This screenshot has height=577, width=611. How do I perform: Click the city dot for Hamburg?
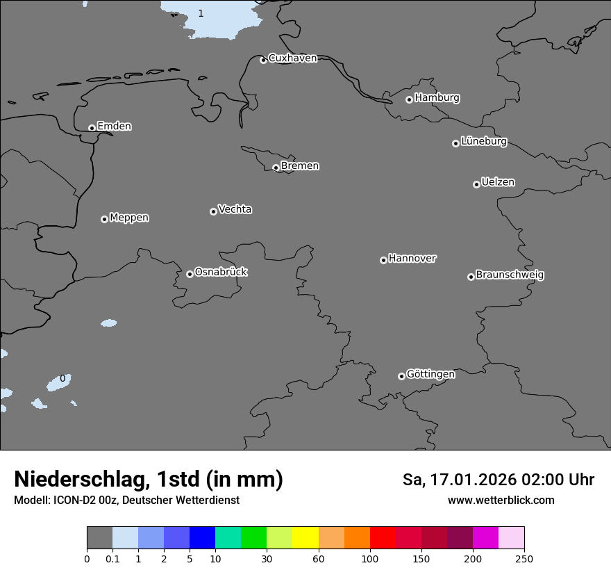[x=409, y=99]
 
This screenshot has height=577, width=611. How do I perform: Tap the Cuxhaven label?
[x=292, y=58]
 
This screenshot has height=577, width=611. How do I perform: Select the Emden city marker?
[x=92, y=128]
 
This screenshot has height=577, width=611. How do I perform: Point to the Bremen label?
[x=300, y=165]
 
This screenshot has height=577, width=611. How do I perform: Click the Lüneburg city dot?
[x=455, y=143]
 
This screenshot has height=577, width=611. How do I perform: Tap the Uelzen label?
[x=498, y=182]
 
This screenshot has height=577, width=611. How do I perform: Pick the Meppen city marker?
[x=104, y=219]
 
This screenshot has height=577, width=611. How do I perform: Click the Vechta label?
[x=235, y=209]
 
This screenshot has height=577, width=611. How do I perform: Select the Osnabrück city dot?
[x=190, y=274]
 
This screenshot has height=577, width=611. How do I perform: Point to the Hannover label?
[x=412, y=259]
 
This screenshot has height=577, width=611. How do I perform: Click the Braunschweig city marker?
[x=471, y=277]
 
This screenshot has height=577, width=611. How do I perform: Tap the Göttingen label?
[x=430, y=374]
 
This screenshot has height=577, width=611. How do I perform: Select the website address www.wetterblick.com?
[x=501, y=500]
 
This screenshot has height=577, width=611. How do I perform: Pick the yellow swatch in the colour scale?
[x=305, y=539]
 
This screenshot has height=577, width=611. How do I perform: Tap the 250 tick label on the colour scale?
[x=524, y=559]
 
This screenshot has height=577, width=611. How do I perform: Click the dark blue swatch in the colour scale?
[x=202, y=539]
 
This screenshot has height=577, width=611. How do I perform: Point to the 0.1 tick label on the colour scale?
[x=112, y=559]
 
